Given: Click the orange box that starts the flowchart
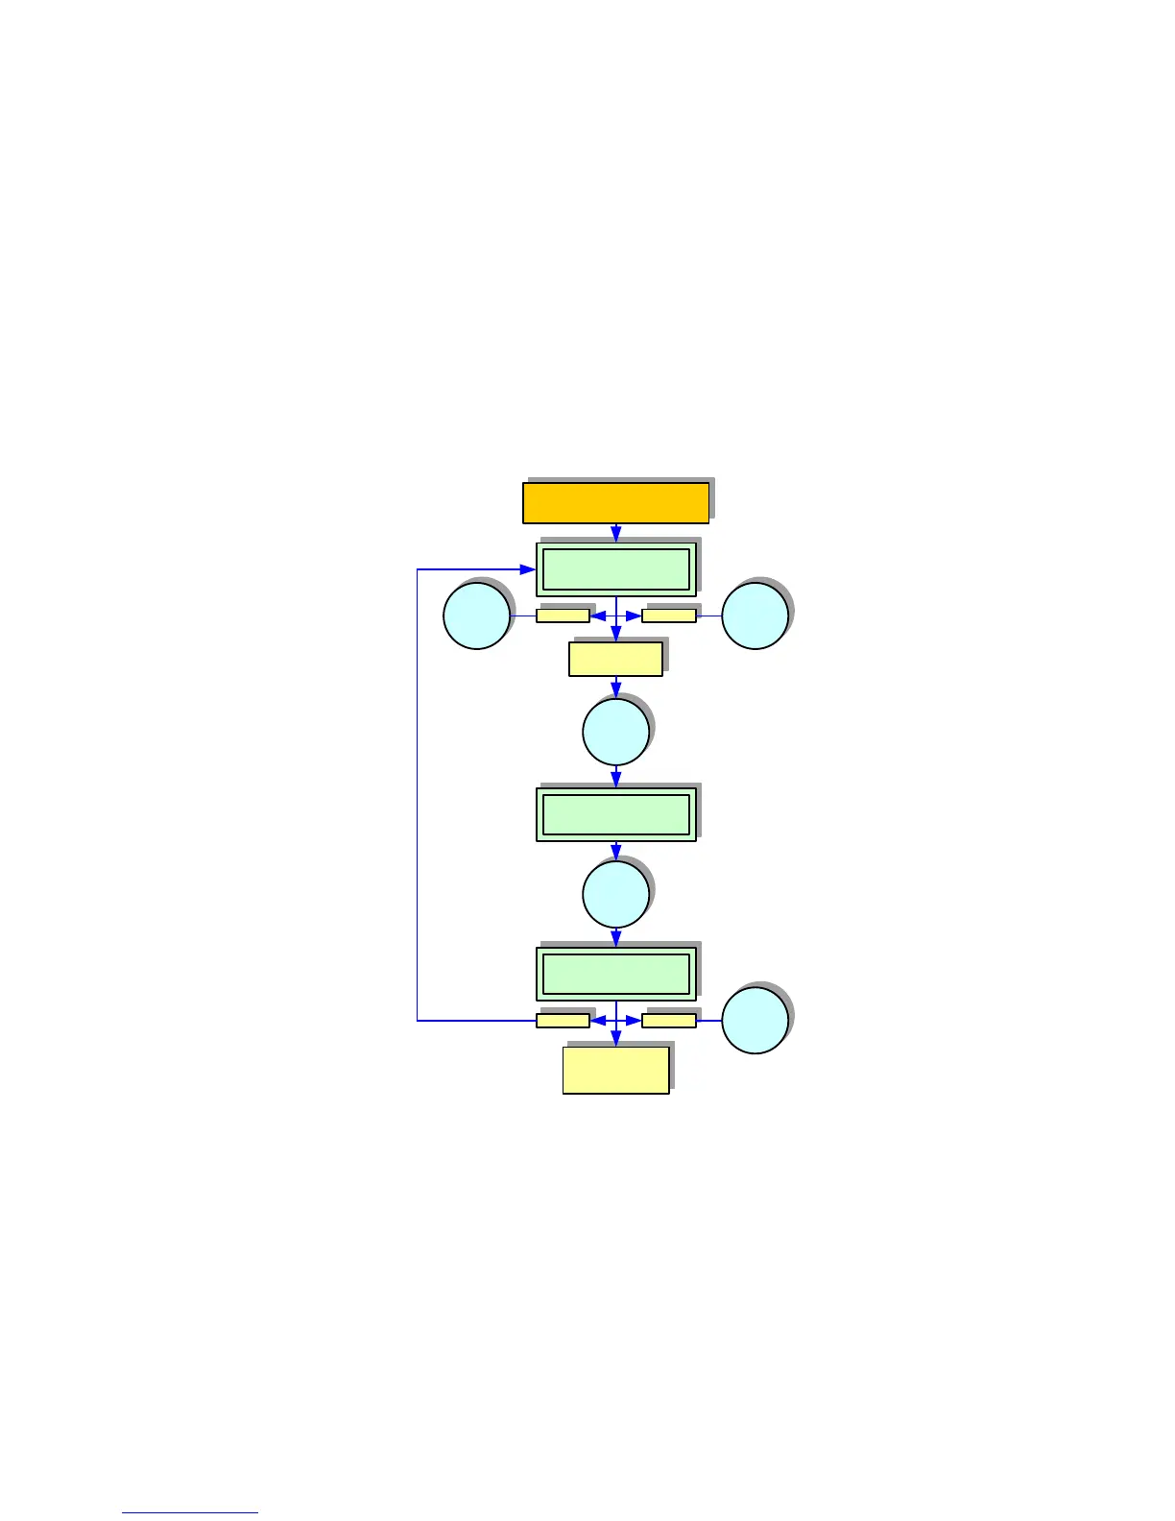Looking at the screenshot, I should point(615,502).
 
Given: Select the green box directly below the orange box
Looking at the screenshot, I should point(615,569).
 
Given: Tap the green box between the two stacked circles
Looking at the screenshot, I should point(615,814).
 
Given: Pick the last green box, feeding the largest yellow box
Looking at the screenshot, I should point(615,974).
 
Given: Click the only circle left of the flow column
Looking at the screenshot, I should point(476,616).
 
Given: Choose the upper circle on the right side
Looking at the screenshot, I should point(755,616).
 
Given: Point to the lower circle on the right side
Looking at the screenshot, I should point(755,1020).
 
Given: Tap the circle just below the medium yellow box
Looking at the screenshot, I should point(615,732).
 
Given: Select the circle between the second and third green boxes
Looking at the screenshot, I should point(615,894).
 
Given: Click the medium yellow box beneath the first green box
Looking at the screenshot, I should point(615,660).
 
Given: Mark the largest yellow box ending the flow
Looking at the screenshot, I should point(615,1070).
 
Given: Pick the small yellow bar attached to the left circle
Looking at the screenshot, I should point(563,616).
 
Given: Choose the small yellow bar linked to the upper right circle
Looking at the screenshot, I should point(669,616).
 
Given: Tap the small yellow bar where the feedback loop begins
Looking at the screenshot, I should point(563,1021).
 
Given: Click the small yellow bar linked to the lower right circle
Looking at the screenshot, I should point(669,1021).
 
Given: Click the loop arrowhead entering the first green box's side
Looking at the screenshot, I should point(528,569).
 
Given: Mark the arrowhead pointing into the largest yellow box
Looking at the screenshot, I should point(616,1039).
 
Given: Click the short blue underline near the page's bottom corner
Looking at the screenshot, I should point(190,1512).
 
